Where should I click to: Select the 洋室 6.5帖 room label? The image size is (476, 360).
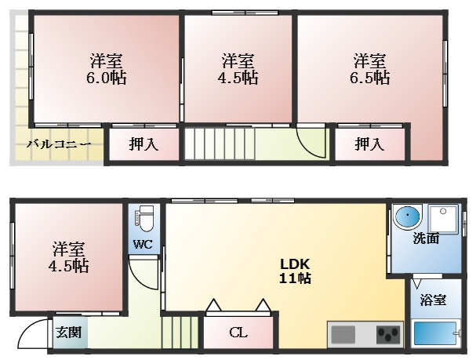coord(370,69)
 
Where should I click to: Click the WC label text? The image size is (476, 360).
coord(142,244)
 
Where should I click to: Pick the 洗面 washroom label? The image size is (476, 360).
coord(426,238)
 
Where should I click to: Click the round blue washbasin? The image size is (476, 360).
coord(408,216)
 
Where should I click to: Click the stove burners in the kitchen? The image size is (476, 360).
coord(388,335)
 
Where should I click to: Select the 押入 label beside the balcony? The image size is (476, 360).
coord(144,144)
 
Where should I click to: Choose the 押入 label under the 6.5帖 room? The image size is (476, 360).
coord(370,144)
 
